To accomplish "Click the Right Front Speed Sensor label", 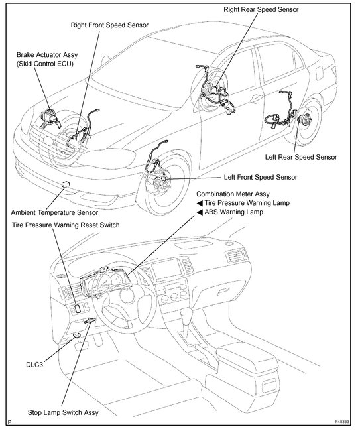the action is pyautogui.click(x=109, y=25).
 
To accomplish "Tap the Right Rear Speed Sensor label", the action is pyautogui.click(x=261, y=10).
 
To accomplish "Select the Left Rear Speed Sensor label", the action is pyautogui.click(x=301, y=157).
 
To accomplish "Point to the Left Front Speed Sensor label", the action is pyautogui.click(x=261, y=177).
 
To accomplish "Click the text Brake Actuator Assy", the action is pyautogui.click(x=47, y=55).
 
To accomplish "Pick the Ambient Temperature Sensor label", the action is pyautogui.click(x=54, y=212).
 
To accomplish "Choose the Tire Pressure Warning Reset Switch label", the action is pyautogui.click(x=66, y=225).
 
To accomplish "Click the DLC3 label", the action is pyautogui.click(x=34, y=365).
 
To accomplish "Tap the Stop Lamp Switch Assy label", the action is pyautogui.click(x=63, y=412).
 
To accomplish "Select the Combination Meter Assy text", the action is pyautogui.click(x=233, y=194).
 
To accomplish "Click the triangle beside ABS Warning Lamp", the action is pyautogui.click(x=200, y=212).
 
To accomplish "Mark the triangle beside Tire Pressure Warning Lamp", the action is pyautogui.click(x=200, y=203).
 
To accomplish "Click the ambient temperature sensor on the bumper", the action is pyautogui.click(x=66, y=184).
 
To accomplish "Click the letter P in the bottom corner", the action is pyautogui.click(x=10, y=422).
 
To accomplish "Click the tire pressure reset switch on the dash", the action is pyautogui.click(x=78, y=308).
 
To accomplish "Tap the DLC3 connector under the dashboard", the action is pyautogui.click(x=76, y=335).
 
